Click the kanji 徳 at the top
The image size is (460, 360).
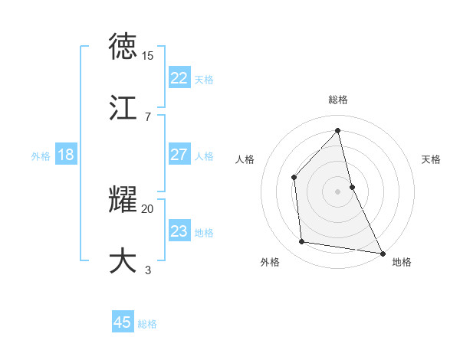click(123, 47)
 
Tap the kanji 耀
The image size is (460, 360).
click(123, 199)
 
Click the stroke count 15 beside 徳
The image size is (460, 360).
click(148, 56)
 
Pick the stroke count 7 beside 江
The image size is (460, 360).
click(147, 116)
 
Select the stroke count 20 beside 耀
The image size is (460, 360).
click(148, 208)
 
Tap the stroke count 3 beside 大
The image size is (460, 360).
click(147, 270)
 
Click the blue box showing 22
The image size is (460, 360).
click(179, 78)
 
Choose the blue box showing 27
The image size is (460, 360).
click(179, 155)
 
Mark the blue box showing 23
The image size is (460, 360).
click(179, 231)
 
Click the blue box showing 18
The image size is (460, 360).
click(66, 155)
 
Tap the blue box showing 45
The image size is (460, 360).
click(123, 322)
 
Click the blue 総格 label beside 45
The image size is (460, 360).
click(147, 324)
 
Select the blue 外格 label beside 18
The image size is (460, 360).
click(41, 156)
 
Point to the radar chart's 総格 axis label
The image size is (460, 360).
click(338, 100)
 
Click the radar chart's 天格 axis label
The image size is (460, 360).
click(432, 159)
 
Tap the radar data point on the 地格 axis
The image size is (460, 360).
click(383, 253)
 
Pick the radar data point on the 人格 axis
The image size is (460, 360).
click(294, 177)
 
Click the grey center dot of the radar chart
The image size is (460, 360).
click(338, 191)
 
